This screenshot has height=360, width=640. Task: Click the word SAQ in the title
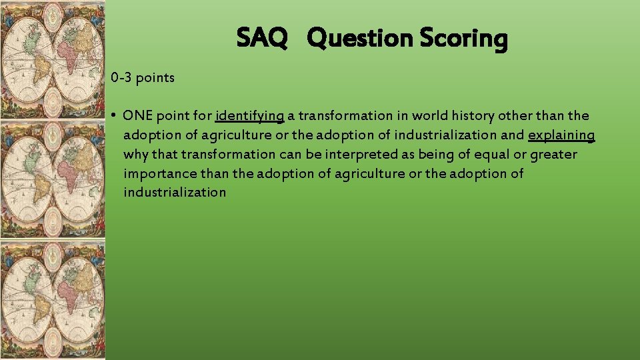click(x=262, y=39)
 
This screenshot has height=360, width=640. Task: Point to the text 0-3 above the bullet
click(x=121, y=78)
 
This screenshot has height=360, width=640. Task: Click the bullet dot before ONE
click(x=115, y=116)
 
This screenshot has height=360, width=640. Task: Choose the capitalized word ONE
click(x=138, y=116)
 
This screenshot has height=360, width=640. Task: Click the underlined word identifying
click(x=250, y=116)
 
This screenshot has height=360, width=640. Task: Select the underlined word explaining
click(x=561, y=135)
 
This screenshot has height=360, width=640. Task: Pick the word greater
click(x=553, y=155)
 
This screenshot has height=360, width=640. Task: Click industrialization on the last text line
click(x=175, y=193)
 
